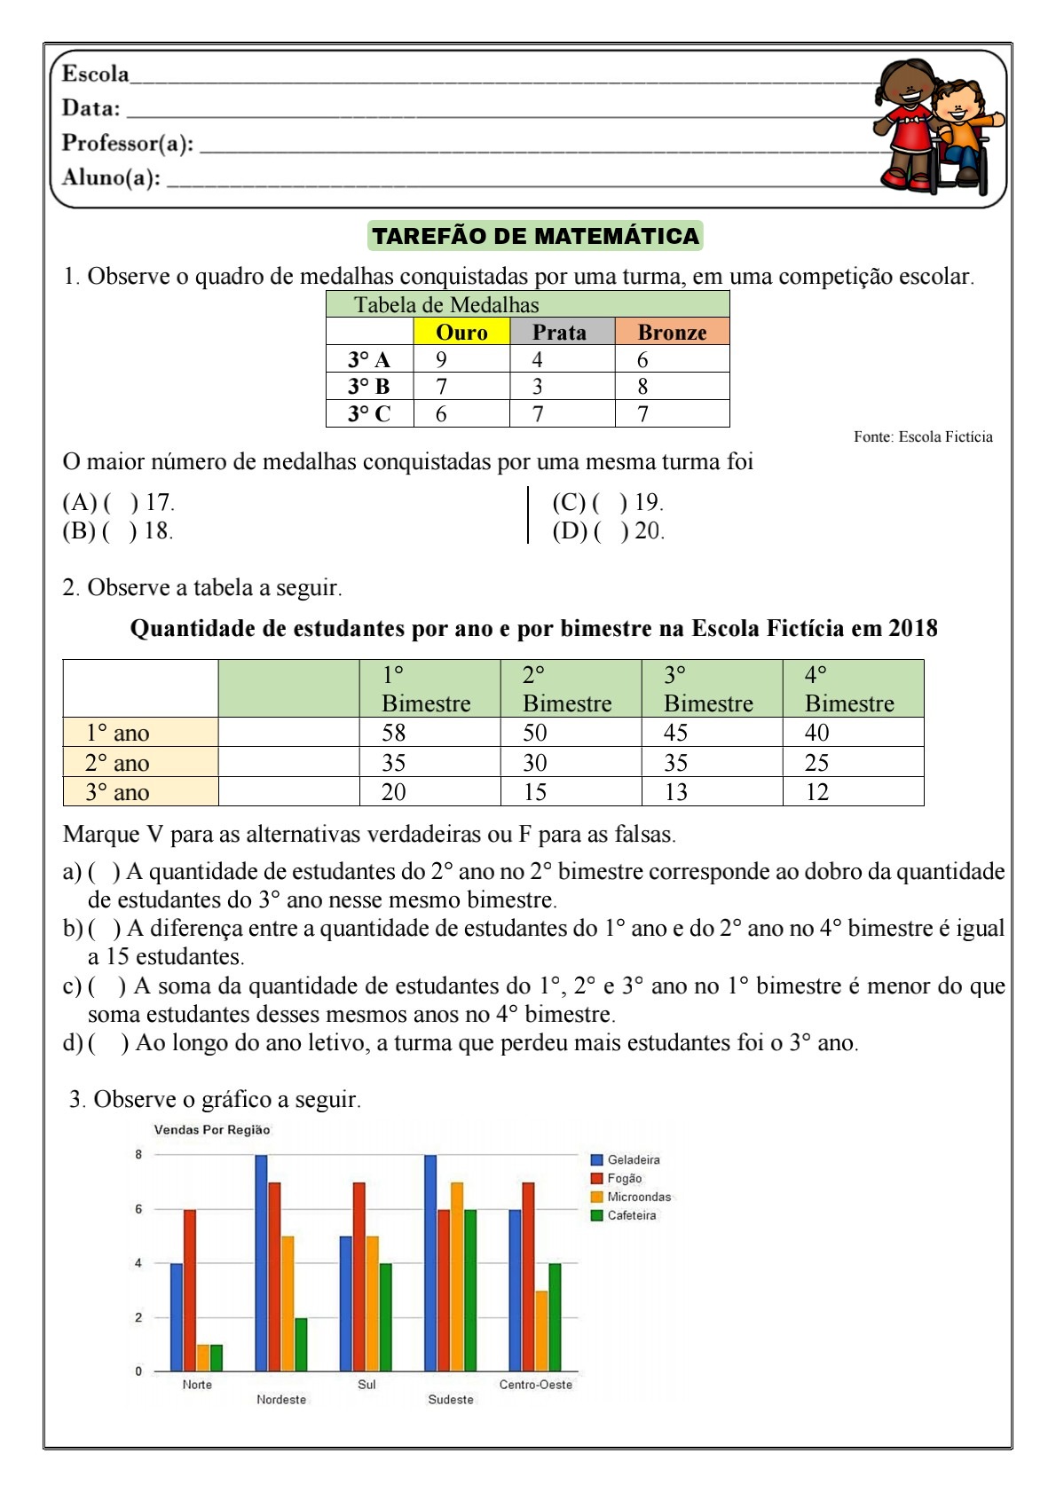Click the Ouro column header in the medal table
click(461, 332)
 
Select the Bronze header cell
click(672, 332)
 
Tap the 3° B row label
click(369, 387)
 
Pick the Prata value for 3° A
click(538, 359)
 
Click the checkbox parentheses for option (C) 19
click(610, 503)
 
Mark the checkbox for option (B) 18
click(120, 531)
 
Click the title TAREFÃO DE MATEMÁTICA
click(535, 236)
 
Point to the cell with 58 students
click(394, 733)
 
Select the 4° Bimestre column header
click(849, 688)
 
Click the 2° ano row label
click(117, 763)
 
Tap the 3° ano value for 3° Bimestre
click(676, 792)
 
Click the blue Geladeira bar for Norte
click(177, 1317)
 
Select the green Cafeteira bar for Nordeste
click(301, 1345)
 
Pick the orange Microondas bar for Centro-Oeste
click(541, 1331)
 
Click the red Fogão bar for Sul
click(359, 1277)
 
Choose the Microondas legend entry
click(638, 1197)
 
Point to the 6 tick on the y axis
click(138, 1209)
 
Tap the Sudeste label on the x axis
click(451, 1400)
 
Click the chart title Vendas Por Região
click(212, 1130)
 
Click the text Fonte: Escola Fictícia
click(923, 436)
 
